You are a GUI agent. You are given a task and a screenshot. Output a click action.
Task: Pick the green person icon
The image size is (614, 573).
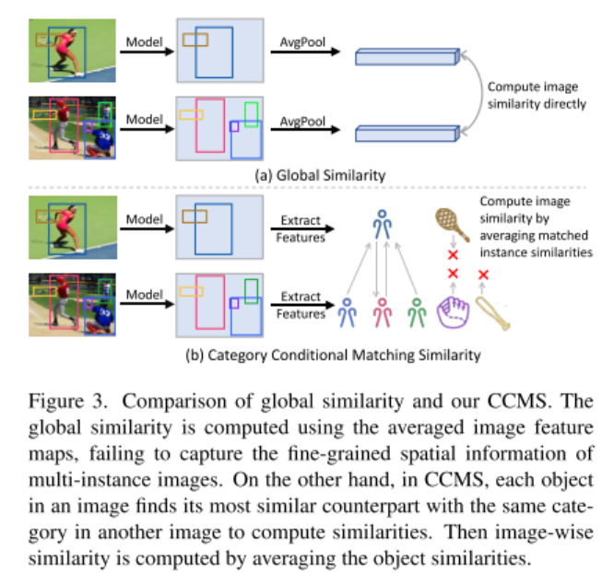(417, 313)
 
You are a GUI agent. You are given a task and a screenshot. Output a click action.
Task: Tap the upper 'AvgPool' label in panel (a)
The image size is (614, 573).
(302, 41)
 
